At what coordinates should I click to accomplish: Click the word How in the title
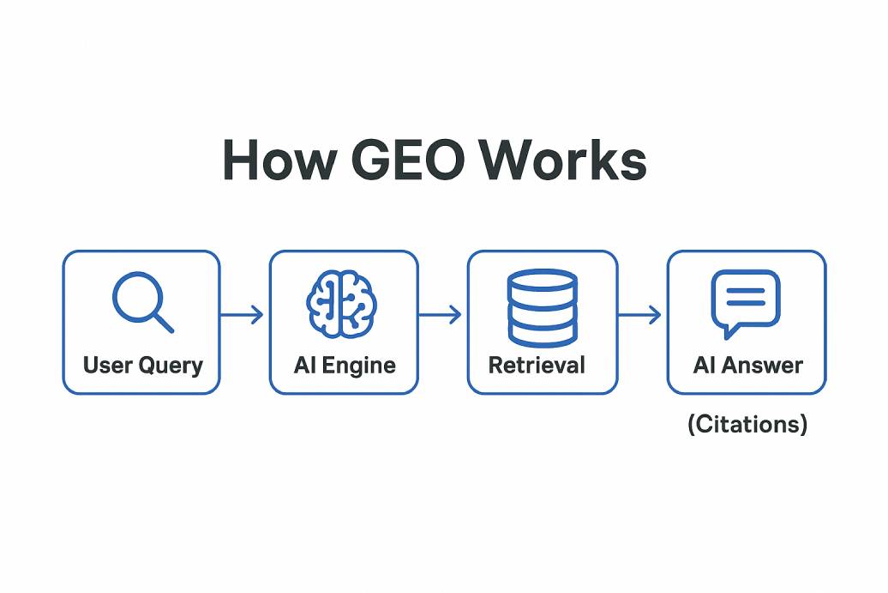coord(272,160)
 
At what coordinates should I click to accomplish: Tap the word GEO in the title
coord(405,160)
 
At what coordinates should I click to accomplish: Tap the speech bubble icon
coord(744,303)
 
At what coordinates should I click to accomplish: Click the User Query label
coord(142,366)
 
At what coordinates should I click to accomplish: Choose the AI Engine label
coord(344,366)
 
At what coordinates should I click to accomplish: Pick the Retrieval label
coord(537,366)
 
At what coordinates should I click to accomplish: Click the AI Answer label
coord(747,366)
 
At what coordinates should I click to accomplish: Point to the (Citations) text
coord(747,424)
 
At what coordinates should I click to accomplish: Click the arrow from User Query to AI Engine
coord(243,315)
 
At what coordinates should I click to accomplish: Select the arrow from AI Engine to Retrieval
coord(441,315)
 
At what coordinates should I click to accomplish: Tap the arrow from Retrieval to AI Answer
coord(641,315)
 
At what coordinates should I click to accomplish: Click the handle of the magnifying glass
coord(162,322)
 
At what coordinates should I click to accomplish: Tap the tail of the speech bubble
coord(728,330)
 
